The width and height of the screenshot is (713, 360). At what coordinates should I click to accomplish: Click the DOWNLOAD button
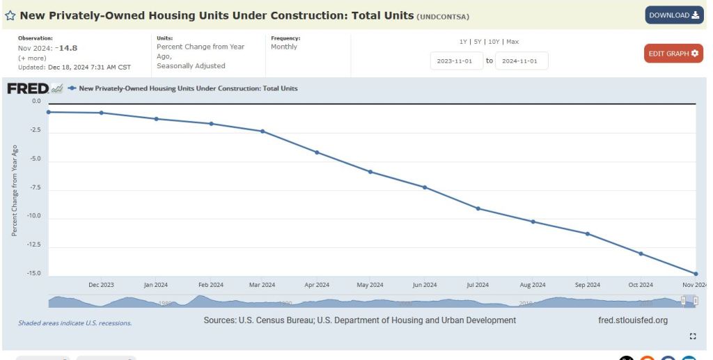[674, 15]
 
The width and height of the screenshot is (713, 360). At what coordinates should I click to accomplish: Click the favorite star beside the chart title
[10, 15]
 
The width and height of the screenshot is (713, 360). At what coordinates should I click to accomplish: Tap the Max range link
[512, 42]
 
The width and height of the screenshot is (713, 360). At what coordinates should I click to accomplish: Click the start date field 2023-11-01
[455, 61]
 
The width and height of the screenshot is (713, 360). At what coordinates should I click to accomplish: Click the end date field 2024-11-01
[521, 61]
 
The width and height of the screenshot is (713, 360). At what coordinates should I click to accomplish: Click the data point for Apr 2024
[317, 152]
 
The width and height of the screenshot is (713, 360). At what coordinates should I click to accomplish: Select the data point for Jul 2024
[478, 208]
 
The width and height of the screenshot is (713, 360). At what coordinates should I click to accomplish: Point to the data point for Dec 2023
[102, 113]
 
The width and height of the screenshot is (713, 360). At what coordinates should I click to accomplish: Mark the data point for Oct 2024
[641, 253]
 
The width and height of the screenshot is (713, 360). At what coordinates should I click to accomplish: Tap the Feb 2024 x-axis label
[210, 285]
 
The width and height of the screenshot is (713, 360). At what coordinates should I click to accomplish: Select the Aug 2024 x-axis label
[533, 285]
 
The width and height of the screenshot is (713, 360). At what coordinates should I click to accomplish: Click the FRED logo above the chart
[28, 88]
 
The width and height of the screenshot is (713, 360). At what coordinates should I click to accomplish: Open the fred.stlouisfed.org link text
[632, 320]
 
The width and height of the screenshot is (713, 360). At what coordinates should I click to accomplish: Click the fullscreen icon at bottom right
[692, 336]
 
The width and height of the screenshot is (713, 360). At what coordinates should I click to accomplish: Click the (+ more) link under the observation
[32, 58]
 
